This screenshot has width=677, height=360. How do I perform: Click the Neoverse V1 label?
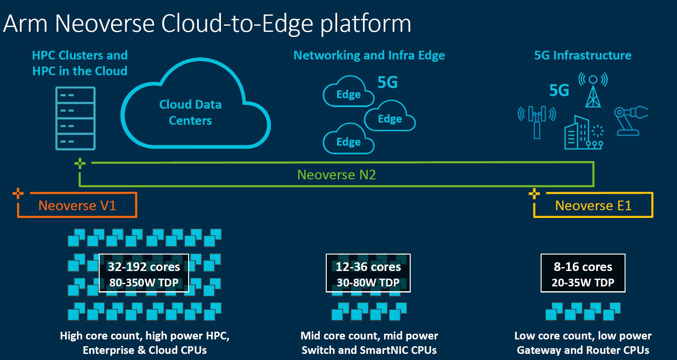tap(77, 206)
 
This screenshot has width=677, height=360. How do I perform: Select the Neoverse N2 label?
tap(336, 175)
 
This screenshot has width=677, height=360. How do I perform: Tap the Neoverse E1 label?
tap(593, 206)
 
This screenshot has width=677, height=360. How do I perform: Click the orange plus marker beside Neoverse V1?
tap(18, 193)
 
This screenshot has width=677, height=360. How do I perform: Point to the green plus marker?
tap(80, 163)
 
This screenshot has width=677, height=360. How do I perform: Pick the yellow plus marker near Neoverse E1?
tap(534, 194)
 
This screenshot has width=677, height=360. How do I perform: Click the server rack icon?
tap(76, 118)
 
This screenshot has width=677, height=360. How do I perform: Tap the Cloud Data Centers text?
tap(190, 112)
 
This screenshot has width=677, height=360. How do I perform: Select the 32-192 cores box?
tap(144, 273)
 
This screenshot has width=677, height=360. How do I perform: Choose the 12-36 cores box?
tap(368, 273)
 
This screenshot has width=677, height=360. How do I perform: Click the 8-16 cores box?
tap(583, 273)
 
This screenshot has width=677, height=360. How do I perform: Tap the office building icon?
tap(577, 133)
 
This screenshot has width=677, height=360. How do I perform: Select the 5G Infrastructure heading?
tap(583, 56)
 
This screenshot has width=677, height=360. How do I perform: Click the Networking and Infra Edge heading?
tap(369, 56)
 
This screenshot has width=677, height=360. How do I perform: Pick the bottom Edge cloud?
tap(349, 140)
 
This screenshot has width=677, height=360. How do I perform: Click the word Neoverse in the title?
tap(105, 23)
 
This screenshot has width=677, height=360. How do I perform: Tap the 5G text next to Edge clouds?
tap(388, 83)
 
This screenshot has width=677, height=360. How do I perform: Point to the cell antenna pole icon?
tap(537, 122)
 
